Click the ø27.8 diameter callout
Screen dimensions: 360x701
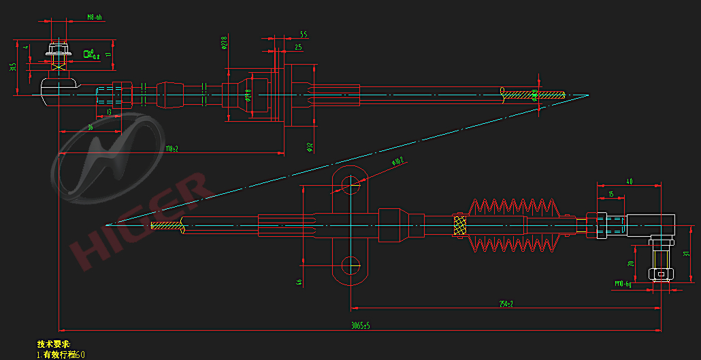click(224, 44)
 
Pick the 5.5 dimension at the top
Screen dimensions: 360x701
click(303, 34)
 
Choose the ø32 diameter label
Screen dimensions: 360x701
click(308, 146)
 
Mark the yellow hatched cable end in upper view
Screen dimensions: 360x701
click(534, 95)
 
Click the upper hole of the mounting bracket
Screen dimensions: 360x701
click(350, 182)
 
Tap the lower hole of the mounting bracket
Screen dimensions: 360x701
click(350, 263)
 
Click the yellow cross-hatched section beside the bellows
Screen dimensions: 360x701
click(460, 224)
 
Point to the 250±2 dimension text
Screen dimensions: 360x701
click(505, 304)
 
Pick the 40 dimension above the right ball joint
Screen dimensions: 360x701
click(629, 182)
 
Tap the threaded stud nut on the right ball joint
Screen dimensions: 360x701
click(659, 274)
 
